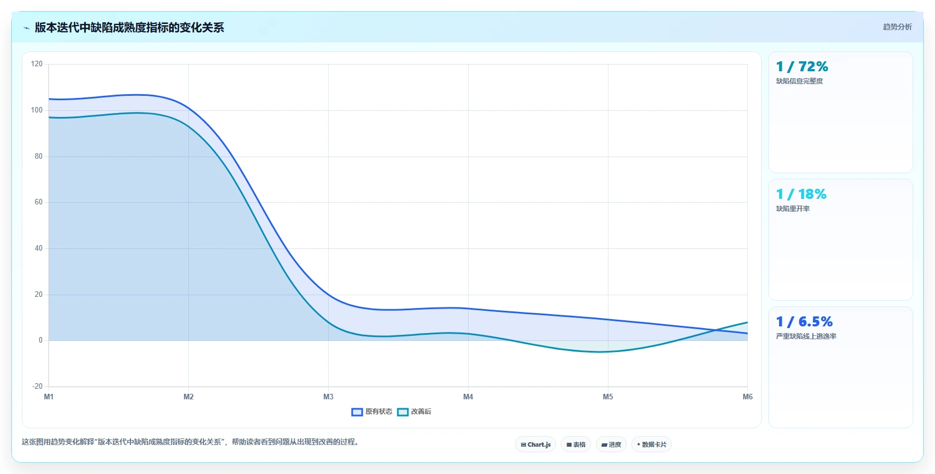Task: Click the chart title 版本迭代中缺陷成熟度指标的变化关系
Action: [x=129, y=27]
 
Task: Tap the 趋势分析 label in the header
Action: [x=897, y=27]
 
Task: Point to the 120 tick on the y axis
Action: [x=37, y=64]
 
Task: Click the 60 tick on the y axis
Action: [x=38, y=202]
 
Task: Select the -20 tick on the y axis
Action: [x=37, y=387]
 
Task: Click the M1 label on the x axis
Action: [x=49, y=397]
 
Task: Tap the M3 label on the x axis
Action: [x=328, y=397]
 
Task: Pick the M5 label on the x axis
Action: [x=608, y=397]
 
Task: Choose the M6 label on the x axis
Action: [x=748, y=397]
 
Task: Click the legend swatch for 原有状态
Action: [x=357, y=412]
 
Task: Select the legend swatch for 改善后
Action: [x=403, y=412]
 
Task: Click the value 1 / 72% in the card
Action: [x=802, y=67]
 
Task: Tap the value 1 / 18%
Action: [x=801, y=194]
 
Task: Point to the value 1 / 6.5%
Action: [x=804, y=322]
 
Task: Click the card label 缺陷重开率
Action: [x=793, y=209]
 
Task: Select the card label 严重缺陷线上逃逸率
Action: [x=806, y=336]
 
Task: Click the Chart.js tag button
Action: [x=535, y=444]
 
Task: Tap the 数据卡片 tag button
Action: [x=651, y=444]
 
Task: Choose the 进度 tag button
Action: [x=611, y=444]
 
